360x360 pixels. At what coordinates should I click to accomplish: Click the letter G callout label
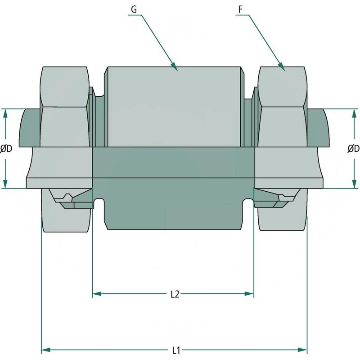coord(134,9)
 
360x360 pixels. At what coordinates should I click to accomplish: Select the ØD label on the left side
coord(6,148)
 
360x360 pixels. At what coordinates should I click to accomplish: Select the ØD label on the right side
coord(354,148)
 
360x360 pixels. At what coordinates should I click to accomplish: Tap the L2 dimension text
coord(175,294)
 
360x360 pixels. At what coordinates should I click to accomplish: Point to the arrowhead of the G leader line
coord(176,68)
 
